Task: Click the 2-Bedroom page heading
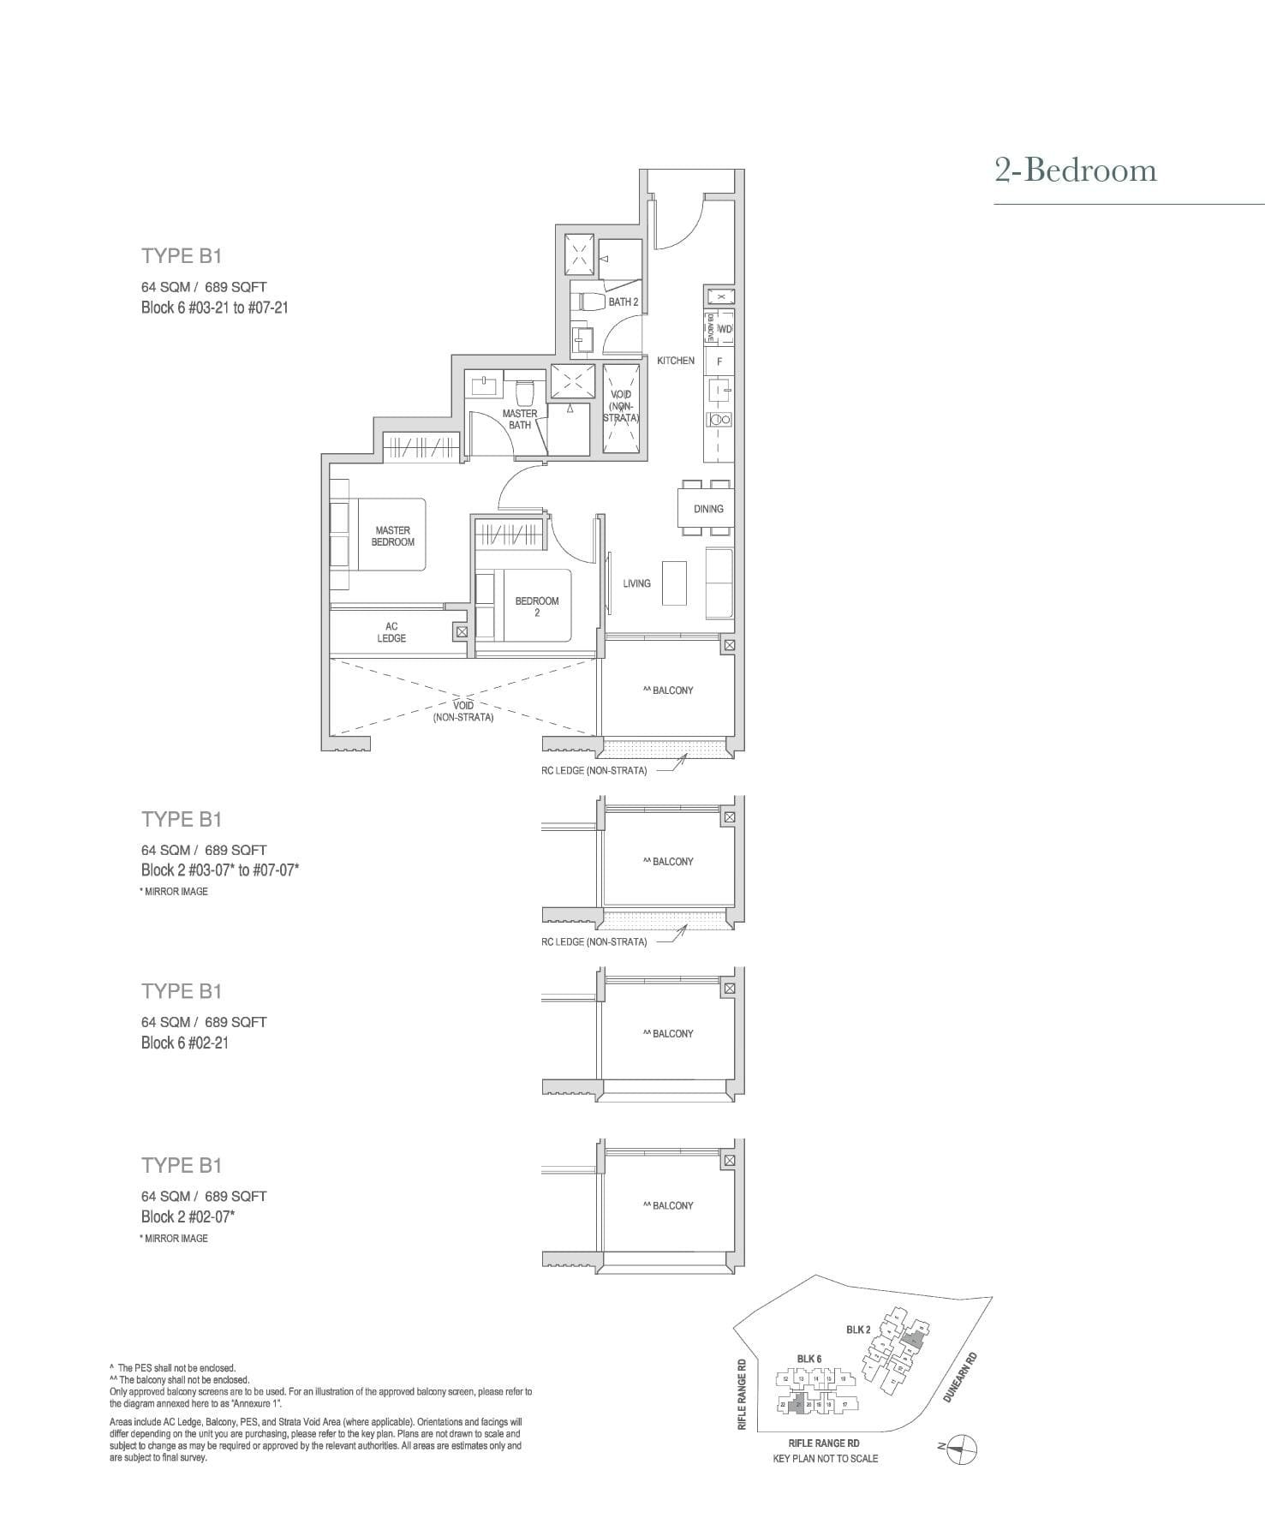pos(1075,170)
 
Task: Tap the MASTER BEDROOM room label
pos(392,536)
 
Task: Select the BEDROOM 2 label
pos(536,607)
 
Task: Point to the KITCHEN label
pos(676,361)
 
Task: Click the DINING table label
pos(708,509)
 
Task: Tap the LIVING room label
pos(636,583)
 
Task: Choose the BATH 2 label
pos(623,302)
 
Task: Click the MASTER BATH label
pos(520,419)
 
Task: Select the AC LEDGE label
pos(391,632)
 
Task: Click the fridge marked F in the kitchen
pos(719,362)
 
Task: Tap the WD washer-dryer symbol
pos(725,329)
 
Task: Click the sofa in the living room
pos(719,583)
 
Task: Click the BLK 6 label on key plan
pos(809,1359)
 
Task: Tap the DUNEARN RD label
pos(959,1378)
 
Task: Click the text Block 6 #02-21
pos(185,1043)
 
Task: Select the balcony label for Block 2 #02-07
pos(668,1205)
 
